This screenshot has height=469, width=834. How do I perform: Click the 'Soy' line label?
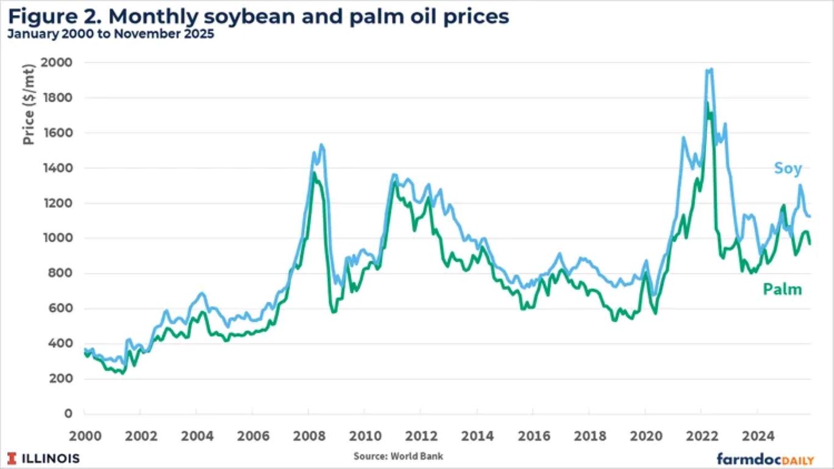[x=788, y=169]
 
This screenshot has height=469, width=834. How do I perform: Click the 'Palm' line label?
[x=782, y=290]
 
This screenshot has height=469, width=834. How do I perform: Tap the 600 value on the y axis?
[x=62, y=309]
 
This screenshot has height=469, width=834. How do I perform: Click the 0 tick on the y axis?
[x=69, y=414]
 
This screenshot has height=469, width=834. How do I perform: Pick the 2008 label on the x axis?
[x=308, y=436]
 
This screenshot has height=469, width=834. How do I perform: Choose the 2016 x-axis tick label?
[x=532, y=436]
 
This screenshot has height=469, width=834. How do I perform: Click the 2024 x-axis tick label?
[x=756, y=436]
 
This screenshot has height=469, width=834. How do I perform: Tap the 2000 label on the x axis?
[x=84, y=436]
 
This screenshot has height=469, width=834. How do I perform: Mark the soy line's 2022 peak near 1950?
[x=708, y=70]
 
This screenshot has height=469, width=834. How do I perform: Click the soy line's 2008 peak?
[x=321, y=145]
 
